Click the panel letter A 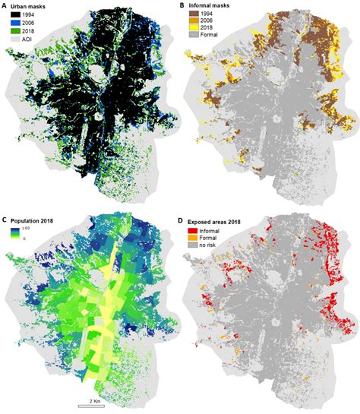(x=5, y=6)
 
